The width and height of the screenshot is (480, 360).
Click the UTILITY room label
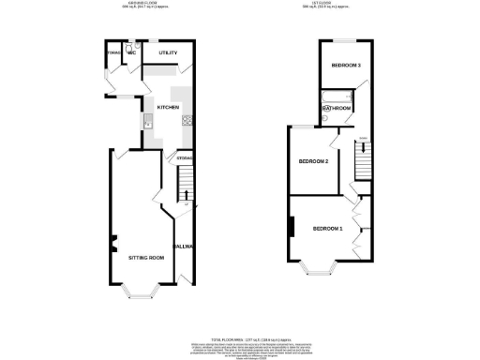(169, 53)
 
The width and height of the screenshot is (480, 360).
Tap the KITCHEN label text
(168, 108)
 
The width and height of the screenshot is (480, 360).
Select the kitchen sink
(147, 120)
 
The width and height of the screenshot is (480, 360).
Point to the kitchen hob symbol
(187, 118)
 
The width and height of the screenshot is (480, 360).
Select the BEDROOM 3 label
(346, 65)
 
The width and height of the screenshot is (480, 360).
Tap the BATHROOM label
(337, 109)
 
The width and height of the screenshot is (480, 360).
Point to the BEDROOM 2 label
(313, 161)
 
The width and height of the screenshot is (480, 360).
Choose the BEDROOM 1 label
(328, 229)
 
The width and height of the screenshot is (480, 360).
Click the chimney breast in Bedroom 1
(292, 226)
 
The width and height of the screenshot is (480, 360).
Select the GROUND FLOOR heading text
(142, 4)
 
